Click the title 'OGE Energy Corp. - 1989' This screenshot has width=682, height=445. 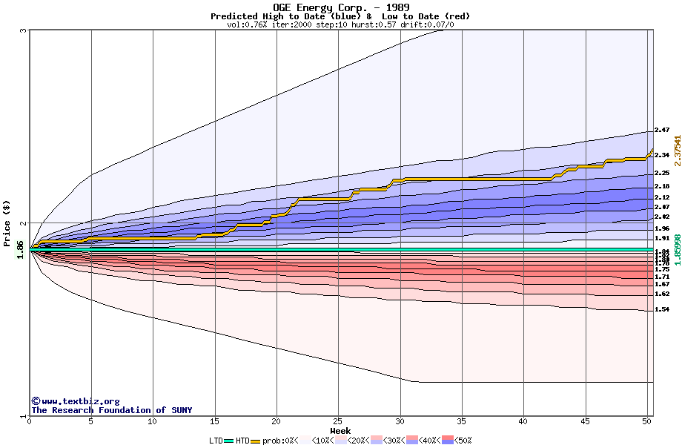[x=340, y=7]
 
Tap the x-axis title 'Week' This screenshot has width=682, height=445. [x=340, y=430]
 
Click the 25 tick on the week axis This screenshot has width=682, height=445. [x=338, y=421]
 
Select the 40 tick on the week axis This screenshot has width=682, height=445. [x=523, y=421]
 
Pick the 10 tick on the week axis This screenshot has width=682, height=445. [x=153, y=421]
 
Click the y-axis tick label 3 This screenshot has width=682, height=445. [x=24, y=30]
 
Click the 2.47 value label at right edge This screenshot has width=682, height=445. [x=662, y=131]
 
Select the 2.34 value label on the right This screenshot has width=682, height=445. [x=662, y=155]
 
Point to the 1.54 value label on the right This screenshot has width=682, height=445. [x=662, y=309]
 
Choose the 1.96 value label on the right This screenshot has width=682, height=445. [x=662, y=228]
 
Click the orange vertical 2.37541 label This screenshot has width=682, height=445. [x=676, y=154]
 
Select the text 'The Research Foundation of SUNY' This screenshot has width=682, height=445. [x=111, y=410]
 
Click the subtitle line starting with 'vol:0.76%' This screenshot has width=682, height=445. [x=340, y=24]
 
